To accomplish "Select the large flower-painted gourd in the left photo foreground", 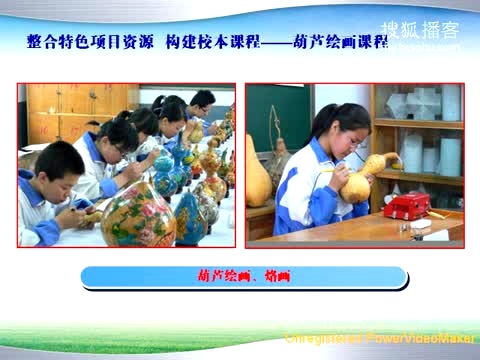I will pyautogui.click(x=138, y=214).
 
